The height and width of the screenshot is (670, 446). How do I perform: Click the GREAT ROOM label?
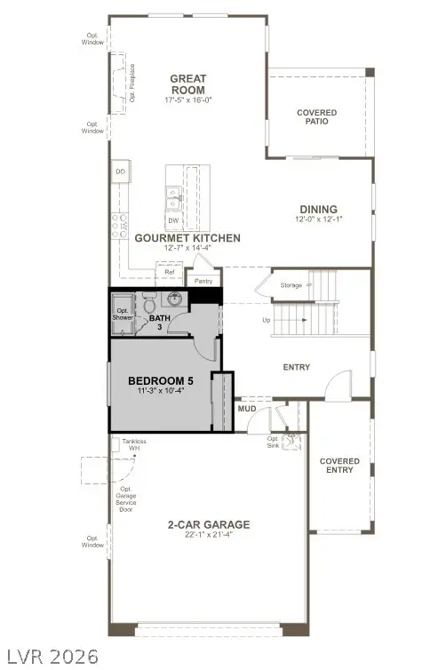click(x=187, y=84)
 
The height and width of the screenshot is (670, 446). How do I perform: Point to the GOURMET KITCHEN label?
click(x=187, y=238)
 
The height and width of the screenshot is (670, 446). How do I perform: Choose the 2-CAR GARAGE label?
click(x=208, y=524)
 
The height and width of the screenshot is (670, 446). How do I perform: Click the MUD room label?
click(x=247, y=409)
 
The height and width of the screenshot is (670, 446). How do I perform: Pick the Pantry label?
click(x=204, y=281)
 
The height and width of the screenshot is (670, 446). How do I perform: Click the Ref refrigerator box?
click(x=169, y=271)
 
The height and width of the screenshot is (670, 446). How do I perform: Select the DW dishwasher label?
click(x=173, y=219)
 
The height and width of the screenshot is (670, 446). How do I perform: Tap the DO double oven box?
click(x=119, y=171)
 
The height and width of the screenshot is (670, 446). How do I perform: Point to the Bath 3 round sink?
click(x=176, y=299)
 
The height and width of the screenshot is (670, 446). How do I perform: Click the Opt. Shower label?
click(x=123, y=313)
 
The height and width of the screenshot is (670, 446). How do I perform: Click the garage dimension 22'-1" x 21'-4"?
click(x=208, y=536)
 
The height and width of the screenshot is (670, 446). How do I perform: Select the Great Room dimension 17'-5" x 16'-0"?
click(x=187, y=100)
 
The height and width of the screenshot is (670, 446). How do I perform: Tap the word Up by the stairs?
click(x=266, y=320)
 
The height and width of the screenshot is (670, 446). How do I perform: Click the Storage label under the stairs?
click(x=291, y=285)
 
